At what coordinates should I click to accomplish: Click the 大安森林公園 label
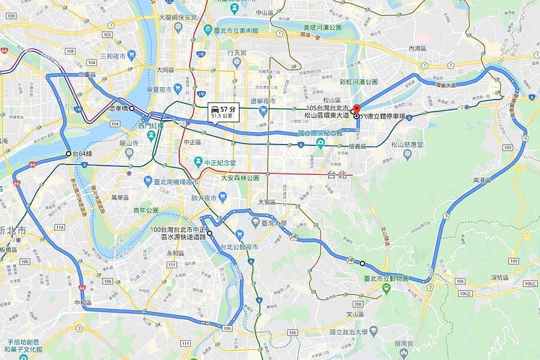[239, 178]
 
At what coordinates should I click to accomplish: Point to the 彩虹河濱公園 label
[358, 82]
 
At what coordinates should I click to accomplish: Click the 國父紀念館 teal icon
[320, 143]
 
